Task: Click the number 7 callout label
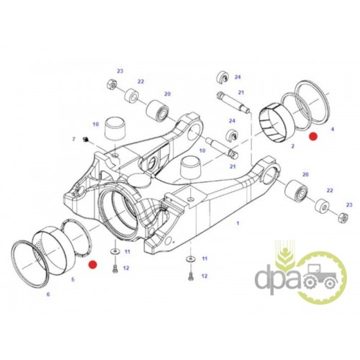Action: tap(74, 139)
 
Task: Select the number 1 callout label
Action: tap(238, 223)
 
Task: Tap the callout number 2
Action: tap(292, 146)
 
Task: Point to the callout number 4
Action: tap(333, 130)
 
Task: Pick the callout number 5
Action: tap(73, 279)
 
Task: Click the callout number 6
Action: tap(48, 294)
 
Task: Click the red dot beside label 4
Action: tap(313, 137)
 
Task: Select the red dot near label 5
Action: tap(92, 264)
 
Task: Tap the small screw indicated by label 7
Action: tap(85, 139)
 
